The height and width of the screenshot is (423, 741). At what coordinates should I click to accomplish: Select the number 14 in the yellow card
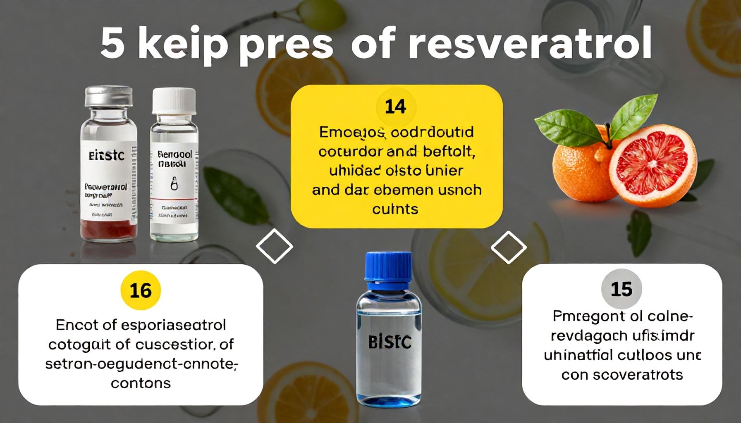coord(396,107)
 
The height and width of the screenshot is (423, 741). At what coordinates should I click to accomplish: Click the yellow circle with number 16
coord(141,290)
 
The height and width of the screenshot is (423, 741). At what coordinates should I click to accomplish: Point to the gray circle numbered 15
coord(621,289)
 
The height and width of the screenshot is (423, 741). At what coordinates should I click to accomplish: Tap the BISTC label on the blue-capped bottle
coord(389,342)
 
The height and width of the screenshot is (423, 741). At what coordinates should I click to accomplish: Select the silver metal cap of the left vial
coord(109,96)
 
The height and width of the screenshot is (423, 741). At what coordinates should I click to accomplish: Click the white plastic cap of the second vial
coord(174,100)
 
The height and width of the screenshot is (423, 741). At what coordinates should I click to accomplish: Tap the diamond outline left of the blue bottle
coord(274,246)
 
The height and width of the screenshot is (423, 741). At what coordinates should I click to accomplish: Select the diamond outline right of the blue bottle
coord(509,247)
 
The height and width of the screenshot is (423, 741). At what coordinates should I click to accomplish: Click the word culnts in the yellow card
coord(395,209)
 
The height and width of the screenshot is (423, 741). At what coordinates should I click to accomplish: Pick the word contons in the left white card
coord(141,383)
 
